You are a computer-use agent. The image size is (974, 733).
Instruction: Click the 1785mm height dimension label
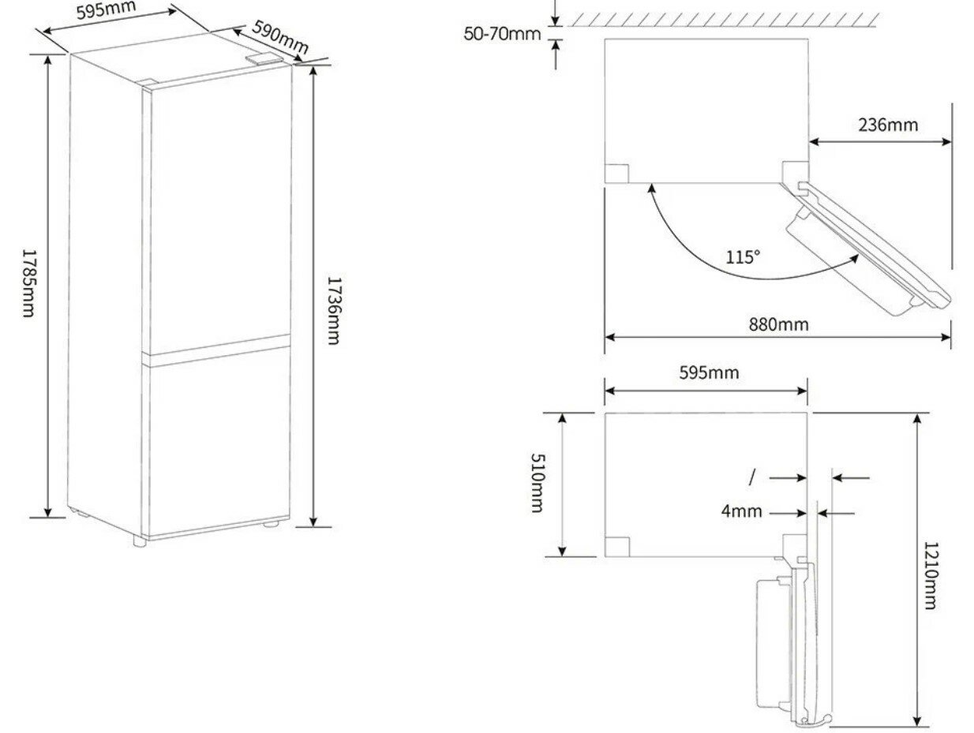pyautogui.click(x=28, y=283)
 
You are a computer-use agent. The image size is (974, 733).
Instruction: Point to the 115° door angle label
pyautogui.click(x=743, y=257)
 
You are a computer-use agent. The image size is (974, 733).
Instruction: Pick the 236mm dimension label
pyautogui.click(x=888, y=125)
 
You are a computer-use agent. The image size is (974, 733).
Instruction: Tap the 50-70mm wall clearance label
pyautogui.click(x=503, y=33)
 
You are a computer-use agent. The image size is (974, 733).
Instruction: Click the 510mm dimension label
pyautogui.click(x=539, y=483)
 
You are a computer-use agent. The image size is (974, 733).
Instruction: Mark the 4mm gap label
pyautogui.click(x=742, y=511)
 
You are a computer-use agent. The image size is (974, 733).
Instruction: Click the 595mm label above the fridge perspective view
pyautogui.click(x=107, y=12)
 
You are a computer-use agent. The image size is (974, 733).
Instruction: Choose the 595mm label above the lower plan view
pyautogui.click(x=709, y=372)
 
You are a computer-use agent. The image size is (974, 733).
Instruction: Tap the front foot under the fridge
pyautogui.click(x=139, y=542)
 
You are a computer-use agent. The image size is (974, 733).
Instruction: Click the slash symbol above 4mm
pyautogui.click(x=753, y=477)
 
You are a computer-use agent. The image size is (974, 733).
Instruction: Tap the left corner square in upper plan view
pyautogui.click(x=617, y=174)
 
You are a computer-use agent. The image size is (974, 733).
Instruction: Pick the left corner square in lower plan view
pyautogui.click(x=617, y=545)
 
